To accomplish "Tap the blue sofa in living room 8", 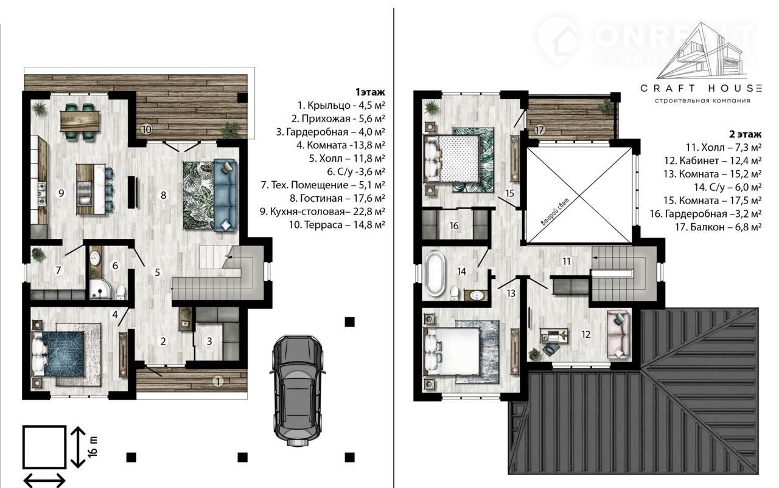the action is [225, 195].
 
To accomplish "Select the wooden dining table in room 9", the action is [80, 121].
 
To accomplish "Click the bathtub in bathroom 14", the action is [435, 273].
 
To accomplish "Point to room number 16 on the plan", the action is [454, 225].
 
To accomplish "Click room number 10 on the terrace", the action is [147, 129].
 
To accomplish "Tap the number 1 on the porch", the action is [218, 382].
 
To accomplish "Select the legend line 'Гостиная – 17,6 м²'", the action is [337, 198].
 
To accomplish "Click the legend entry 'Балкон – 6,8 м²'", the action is [718, 227].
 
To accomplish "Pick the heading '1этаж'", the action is [370, 92].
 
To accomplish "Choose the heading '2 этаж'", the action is [746, 134].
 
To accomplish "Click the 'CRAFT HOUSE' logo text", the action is [701, 89].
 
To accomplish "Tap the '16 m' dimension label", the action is [93, 446].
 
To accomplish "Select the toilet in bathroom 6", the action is [121, 292].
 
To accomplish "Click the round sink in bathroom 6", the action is [94, 258].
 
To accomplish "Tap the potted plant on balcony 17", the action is [606, 106].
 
